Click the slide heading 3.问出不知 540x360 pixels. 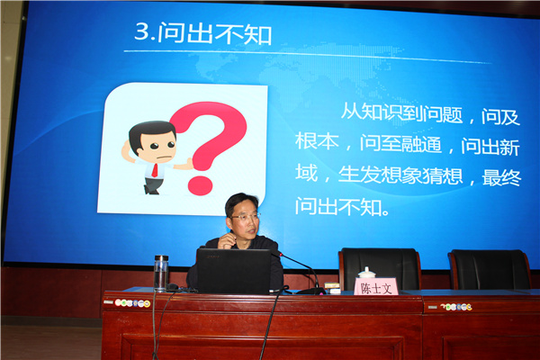pyautogui.click(x=203, y=33)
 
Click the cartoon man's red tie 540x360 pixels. pyautogui.click(x=155, y=171)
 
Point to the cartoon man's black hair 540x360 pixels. pyautogui.click(x=150, y=132)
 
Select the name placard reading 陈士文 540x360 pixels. pyautogui.click(x=376, y=286)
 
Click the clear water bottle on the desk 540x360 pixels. pyautogui.click(x=161, y=273)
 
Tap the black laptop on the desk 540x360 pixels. pyautogui.click(x=233, y=271)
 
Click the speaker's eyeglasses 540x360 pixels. pyautogui.click(x=245, y=217)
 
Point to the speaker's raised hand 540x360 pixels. pyautogui.click(x=226, y=240)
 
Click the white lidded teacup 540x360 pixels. pyautogui.click(x=367, y=273)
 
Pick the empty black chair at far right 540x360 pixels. pyautogui.click(x=490, y=269)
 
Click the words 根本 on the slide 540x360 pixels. pyautogui.click(x=317, y=141)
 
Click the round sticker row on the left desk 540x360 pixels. pyautogui.click(x=132, y=303)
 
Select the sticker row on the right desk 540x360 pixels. pyautogui.click(x=456, y=307)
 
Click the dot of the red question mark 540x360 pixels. pyautogui.click(x=201, y=185)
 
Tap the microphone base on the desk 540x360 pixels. pyautogui.click(x=311, y=291)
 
